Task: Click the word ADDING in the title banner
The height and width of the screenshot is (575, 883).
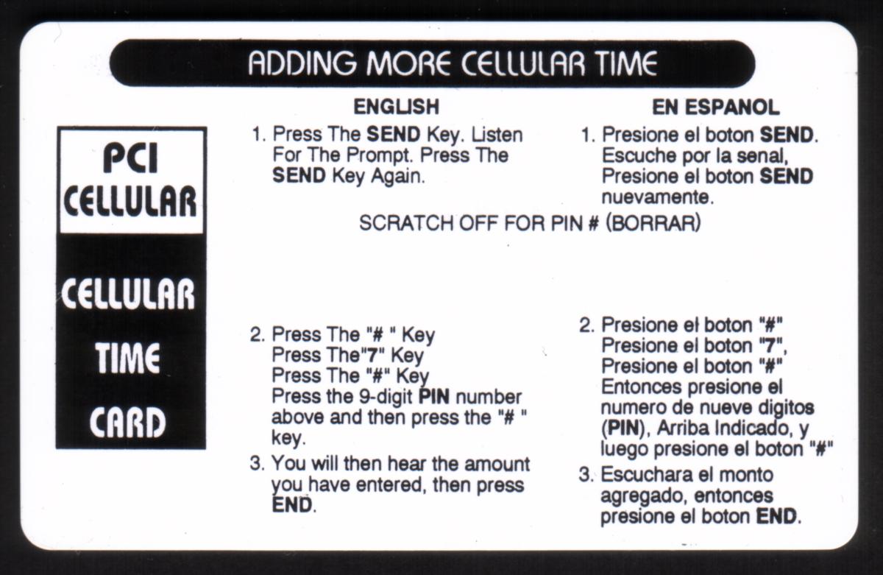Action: pos(302,63)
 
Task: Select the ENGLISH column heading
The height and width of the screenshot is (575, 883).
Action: pos(396,107)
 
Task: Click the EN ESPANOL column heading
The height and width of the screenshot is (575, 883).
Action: pos(716,107)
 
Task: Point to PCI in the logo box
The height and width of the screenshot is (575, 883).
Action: pos(130,158)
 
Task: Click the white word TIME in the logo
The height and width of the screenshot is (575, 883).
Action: pos(127,358)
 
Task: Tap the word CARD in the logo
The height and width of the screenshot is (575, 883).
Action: pos(128,422)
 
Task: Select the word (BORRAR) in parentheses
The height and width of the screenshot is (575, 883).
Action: pos(653,223)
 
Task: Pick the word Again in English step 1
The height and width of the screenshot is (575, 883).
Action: pos(398,177)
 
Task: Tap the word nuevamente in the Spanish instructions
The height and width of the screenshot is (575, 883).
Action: pos(658,197)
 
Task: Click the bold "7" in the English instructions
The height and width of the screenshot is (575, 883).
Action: pos(372,356)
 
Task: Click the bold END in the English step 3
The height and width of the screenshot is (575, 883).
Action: pos(292,505)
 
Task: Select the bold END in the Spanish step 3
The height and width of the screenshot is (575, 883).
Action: pos(776,516)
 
